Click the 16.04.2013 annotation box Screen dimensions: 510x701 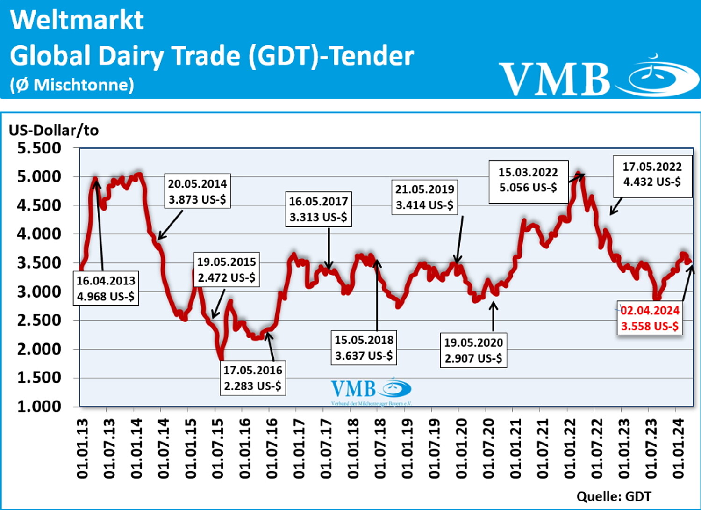coord(106,288)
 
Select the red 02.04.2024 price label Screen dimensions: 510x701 coord(650,318)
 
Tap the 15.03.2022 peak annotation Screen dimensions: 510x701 coord(528,180)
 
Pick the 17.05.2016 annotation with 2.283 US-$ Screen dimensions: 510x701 coord(252,378)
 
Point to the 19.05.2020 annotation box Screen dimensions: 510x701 coord(473,350)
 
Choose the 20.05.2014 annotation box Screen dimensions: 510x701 coord(197,191)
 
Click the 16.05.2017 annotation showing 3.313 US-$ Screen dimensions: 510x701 coord(318,209)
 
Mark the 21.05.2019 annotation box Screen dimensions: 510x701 coord(424,197)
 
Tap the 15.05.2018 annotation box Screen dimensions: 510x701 coord(364,348)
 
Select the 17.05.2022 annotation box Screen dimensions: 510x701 coord(652,174)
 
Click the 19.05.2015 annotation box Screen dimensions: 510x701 coord(227,270)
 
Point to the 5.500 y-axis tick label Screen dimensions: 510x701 coord(39,148)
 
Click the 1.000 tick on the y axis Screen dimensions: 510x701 coord(39,406)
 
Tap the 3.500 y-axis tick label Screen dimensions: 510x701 coord(39,263)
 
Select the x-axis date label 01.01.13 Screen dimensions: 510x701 coord(82,448)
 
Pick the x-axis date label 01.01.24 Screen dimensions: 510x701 coord(678,448)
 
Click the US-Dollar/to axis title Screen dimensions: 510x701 coord(54,130)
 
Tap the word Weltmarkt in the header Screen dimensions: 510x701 coord(77,20)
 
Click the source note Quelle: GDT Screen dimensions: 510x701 coord(614,496)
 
